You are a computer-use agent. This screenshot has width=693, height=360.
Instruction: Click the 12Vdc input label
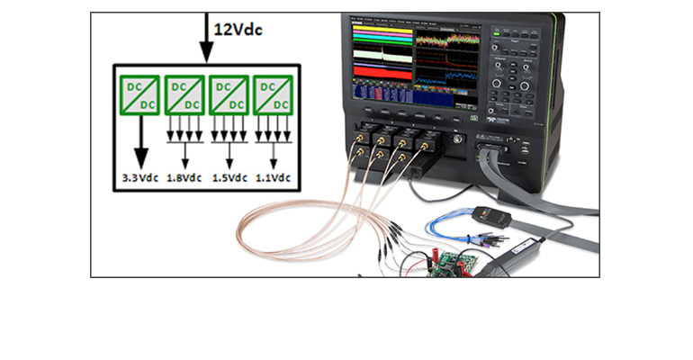pyautogui.click(x=238, y=29)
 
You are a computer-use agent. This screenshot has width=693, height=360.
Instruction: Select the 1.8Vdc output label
pyautogui.click(x=185, y=178)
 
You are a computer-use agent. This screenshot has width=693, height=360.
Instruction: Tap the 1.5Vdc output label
pyautogui.click(x=229, y=178)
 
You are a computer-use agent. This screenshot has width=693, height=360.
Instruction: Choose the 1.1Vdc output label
pyautogui.click(x=273, y=178)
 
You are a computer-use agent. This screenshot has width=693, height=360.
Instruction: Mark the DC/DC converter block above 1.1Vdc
pyautogui.click(x=273, y=94)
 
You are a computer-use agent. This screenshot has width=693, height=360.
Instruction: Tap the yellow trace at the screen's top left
pyautogui.click(x=373, y=32)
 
